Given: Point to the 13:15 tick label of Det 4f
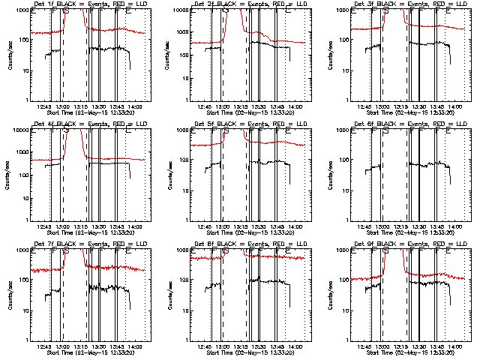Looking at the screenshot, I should pyautogui.click(x=80, y=227).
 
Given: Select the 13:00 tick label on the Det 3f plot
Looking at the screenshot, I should pyautogui.click(x=382, y=107).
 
